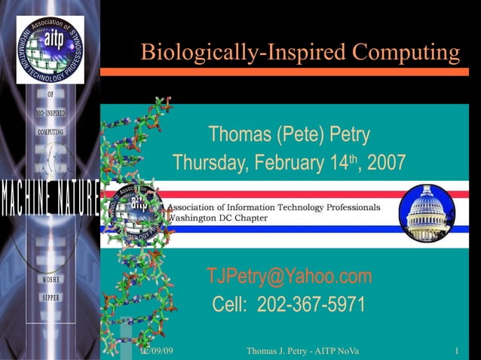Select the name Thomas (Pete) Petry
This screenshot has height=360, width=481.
tap(290, 136)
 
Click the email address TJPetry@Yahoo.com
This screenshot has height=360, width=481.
tap(290, 276)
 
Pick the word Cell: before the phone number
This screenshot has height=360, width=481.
tap(231, 305)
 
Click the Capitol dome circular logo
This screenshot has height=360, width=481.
tap(427, 212)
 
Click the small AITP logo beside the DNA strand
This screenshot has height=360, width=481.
tap(136, 209)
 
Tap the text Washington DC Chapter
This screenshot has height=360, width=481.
tap(216, 218)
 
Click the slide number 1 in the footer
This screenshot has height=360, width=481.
tap(458, 351)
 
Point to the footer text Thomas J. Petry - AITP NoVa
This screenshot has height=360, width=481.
tap(302, 351)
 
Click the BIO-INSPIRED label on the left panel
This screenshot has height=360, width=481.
tap(51, 113)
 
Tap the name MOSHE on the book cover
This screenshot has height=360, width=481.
tap(51, 279)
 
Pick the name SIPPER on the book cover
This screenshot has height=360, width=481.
tap(51, 297)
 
